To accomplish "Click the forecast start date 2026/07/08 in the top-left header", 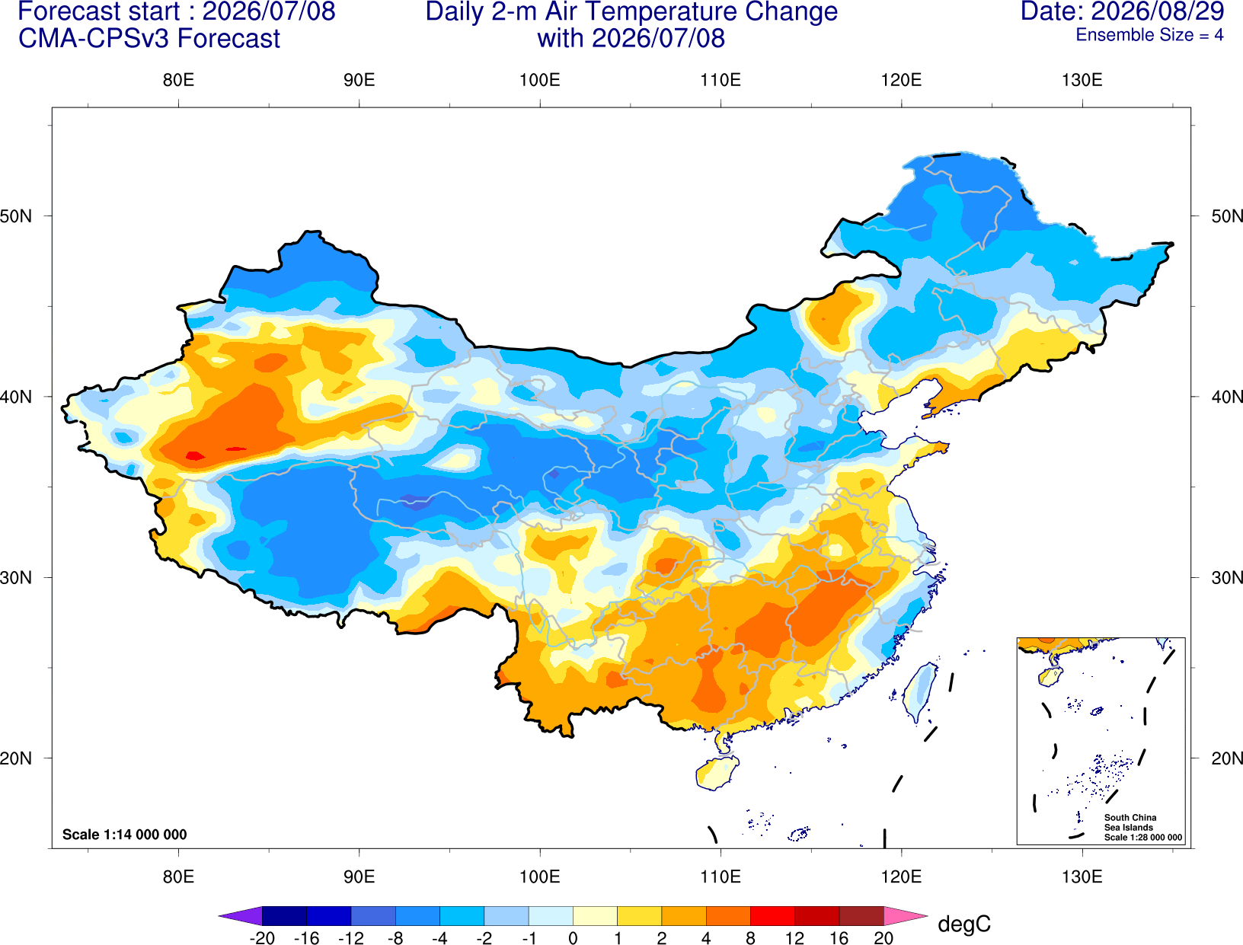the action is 268,11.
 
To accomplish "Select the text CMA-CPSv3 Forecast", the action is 149,39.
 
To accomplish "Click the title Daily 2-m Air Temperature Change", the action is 631,12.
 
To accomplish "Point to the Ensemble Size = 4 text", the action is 1149,35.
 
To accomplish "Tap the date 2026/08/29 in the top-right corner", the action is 1158,11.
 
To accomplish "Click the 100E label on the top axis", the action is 540,80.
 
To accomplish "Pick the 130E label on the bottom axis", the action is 1082,877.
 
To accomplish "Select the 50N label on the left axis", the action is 16,216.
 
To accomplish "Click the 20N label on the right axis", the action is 1226,758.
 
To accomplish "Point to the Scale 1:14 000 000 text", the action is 125,835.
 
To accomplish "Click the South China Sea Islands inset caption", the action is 1142,827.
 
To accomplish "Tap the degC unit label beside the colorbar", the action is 963,924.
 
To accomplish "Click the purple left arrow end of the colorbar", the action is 241,915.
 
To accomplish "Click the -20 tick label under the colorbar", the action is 262,938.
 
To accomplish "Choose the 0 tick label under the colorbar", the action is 573,938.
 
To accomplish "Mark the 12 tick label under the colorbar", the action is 794,938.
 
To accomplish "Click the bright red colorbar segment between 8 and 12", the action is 772,915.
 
